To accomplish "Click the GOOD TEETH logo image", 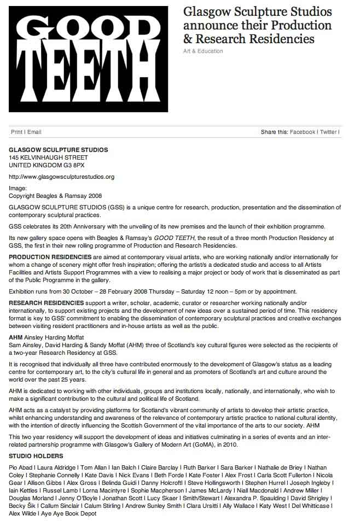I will (x=89, y=59).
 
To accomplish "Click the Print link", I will (x=16, y=132).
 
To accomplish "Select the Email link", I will (x=34, y=132).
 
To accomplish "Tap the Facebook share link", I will (x=303, y=132).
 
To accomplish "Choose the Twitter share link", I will (x=328, y=132).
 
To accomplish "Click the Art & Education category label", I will (x=203, y=51).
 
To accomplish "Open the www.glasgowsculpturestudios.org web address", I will (x=62, y=177).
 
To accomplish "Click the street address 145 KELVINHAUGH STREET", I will (x=48, y=157).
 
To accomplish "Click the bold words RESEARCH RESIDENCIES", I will (x=47, y=302).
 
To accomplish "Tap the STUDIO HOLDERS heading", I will (x=36, y=456).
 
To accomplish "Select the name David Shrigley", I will (x=310, y=499).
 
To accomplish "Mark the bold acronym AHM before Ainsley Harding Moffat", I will (x=15, y=338).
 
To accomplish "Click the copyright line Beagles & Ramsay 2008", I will (x=56, y=196).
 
